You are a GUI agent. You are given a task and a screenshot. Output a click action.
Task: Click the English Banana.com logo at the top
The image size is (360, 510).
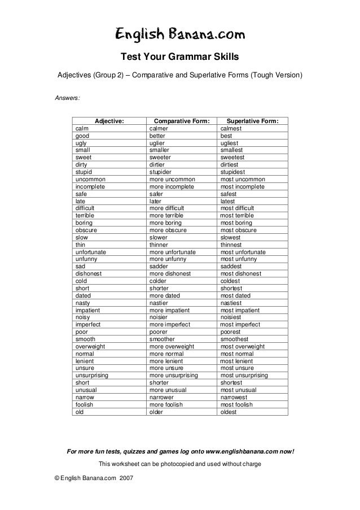pos(180,36)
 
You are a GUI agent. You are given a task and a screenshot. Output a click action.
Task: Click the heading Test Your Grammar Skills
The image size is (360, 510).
pos(180,57)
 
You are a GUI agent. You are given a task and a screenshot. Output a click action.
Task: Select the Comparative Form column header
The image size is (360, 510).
pos(182,121)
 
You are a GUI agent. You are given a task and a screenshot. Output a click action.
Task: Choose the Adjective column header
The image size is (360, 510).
pos(109,121)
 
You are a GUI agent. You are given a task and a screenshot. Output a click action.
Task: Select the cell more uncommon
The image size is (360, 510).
pos(172,179)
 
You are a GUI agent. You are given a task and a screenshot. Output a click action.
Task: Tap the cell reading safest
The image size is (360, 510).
pos(230,194)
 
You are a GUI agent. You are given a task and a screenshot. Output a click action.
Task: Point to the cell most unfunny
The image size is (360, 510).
pos(239,259)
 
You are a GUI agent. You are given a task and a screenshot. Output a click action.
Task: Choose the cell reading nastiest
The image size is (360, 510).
pos(232,303)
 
